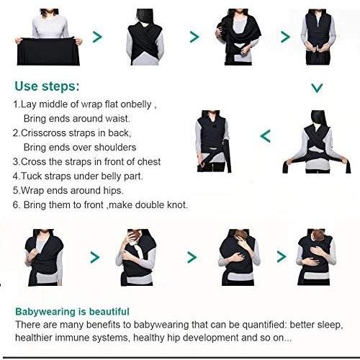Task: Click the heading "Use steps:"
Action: click(x=47, y=86)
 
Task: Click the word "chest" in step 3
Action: click(x=149, y=162)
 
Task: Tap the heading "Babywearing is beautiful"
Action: click(x=72, y=312)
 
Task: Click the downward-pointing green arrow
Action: click(x=317, y=88)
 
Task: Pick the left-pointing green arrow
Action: click(x=266, y=136)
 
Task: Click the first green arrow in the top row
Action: click(x=97, y=37)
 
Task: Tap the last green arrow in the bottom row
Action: click(x=282, y=257)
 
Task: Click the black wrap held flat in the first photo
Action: click(x=48, y=51)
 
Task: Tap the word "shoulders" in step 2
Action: click(x=115, y=148)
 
